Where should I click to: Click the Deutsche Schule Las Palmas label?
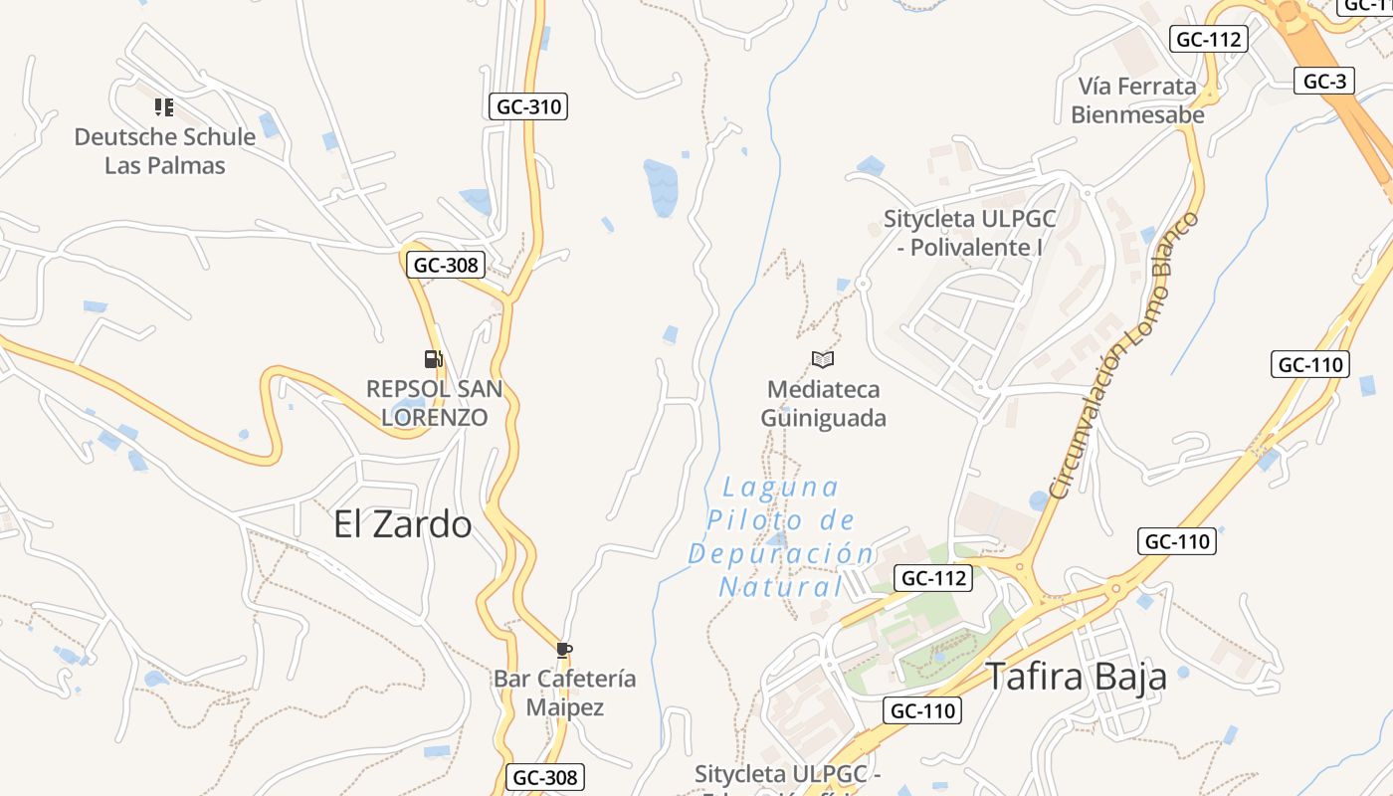pyautogui.click(x=165, y=150)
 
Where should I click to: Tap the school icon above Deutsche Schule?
pyautogui.click(x=164, y=106)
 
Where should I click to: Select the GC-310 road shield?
pyautogui.click(x=527, y=106)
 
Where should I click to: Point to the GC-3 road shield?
pyautogui.click(x=1324, y=81)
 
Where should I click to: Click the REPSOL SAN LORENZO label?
pyautogui.click(x=435, y=402)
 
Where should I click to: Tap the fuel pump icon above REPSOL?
pyautogui.click(x=433, y=359)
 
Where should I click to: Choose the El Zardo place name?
pyautogui.click(x=402, y=524)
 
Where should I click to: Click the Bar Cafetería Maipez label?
pyautogui.click(x=564, y=693)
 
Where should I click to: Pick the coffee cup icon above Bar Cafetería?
pyautogui.click(x=564, y=651)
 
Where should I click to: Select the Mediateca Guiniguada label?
pyautogui.click(x=823, y=403)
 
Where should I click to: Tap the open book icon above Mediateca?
pyautogui.click(x=823, y=359)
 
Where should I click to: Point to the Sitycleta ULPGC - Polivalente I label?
pyautogui.click(x=969, y=233)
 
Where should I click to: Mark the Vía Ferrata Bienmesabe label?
pyautogui.click(x=1137, y=99)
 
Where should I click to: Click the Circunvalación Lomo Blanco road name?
pyautogui.click(x=1124, y=356)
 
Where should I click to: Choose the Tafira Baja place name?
pyautogui.click(x=1076, y=677)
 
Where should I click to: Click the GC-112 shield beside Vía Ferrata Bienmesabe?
pyautogui.click(x=1208, y=39)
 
